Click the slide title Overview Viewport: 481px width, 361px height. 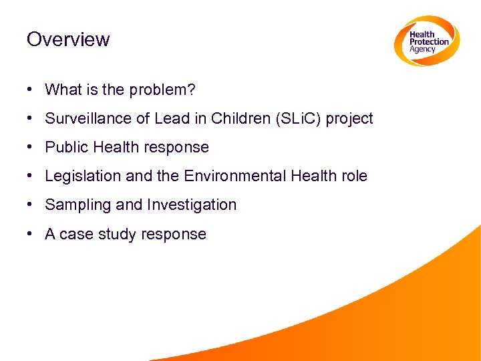(x=67, y=39)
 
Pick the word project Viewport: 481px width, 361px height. (x=349, y=119)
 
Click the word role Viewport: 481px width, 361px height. (x=353, y=176)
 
